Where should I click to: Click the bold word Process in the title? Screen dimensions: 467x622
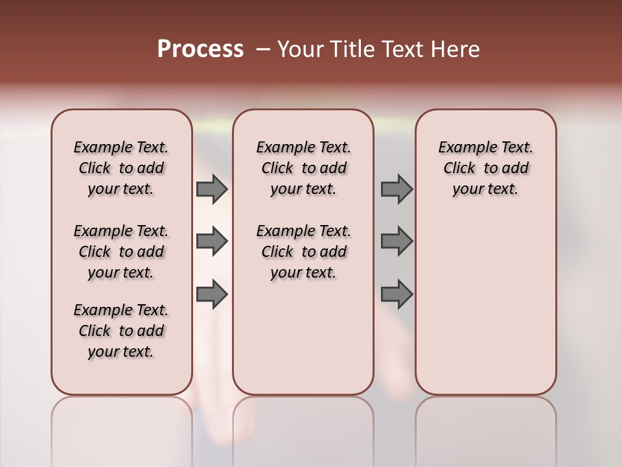coord(200,49)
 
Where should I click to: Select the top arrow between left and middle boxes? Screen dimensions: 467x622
coord(212,189)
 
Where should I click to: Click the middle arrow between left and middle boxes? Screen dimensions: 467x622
coord(212,241)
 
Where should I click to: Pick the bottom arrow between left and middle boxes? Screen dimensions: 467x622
coord(212,294)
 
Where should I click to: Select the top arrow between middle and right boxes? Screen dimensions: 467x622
coord(397,189)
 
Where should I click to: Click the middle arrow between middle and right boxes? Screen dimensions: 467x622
coord(397,241)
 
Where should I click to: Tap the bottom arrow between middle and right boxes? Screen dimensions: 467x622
coord(397,294)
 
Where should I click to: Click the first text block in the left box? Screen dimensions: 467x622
coord(121,168)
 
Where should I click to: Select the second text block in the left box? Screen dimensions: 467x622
coord(121,252)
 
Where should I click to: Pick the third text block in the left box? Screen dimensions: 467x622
coord(121,331)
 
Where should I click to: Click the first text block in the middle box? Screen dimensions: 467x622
coord(304,168)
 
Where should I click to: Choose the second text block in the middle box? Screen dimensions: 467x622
coord(304,252)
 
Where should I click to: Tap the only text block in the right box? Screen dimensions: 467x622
coord(486,168)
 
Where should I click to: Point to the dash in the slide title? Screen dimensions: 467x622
coord(262,49)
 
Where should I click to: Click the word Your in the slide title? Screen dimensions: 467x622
coord(301,49)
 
